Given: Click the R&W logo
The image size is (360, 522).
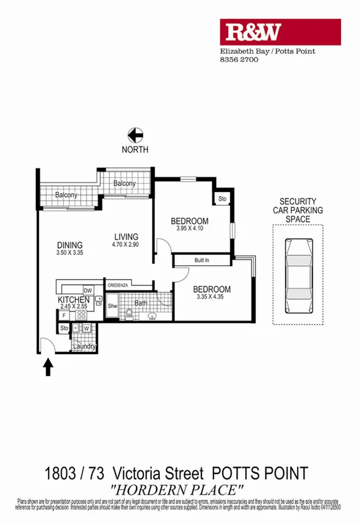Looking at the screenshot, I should (x=280, y=32).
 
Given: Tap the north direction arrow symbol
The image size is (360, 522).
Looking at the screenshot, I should (x=135, y=135).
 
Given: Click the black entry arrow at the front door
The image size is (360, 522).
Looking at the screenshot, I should (x=47, y=367).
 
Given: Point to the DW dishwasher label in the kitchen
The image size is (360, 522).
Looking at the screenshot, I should (x=88, y=290).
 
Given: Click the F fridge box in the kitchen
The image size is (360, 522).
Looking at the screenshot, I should (x=64, y=315).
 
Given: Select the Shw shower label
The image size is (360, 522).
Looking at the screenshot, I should (x=112, y=307).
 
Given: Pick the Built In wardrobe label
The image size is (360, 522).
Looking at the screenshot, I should (x=202, y=260).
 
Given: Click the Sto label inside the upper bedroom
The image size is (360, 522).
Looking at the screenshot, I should (x=222, y=199).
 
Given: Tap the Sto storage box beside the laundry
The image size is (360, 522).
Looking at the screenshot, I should (x=64, y=328).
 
